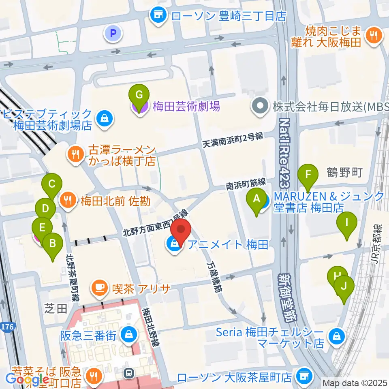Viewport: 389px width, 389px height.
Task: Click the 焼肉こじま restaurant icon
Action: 372,35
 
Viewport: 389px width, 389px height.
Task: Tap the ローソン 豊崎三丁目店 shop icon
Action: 158,16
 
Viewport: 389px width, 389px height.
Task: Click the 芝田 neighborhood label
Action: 56,309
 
